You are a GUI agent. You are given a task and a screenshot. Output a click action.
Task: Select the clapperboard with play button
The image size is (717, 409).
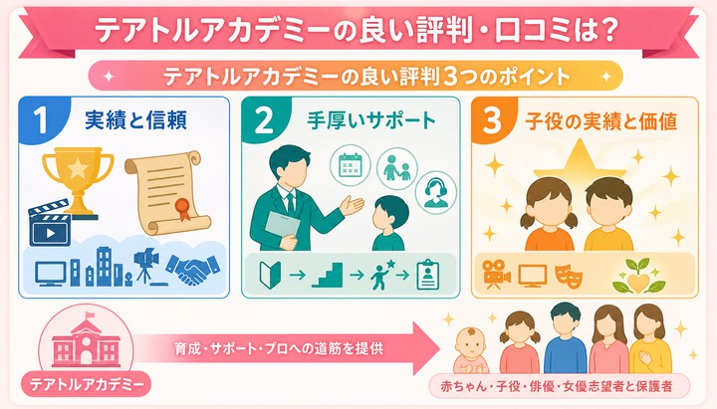[x=50, y=223]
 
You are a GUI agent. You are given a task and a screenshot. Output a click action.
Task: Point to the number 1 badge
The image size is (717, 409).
[x=41, y=120]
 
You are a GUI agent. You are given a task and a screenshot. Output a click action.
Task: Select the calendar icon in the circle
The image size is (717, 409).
[x=351, y=165]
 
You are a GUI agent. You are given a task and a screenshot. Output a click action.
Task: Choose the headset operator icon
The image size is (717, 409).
[x=436, y=192]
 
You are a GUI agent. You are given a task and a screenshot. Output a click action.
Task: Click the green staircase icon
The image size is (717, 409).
[x=327, y=275]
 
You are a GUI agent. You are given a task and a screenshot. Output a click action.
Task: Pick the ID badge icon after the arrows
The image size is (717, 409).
[x=428, y=275]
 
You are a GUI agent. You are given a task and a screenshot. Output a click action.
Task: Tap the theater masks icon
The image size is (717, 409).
[x=569, y=275]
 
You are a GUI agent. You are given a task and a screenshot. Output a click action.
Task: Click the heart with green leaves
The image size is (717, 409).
[x=638, y=277]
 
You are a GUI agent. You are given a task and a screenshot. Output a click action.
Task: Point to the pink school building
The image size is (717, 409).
[x=86, y=339]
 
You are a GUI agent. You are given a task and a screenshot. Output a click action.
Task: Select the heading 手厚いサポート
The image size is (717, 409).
[x=370, y=120]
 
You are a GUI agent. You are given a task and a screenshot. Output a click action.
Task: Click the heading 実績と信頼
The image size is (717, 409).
[x=135, y=120]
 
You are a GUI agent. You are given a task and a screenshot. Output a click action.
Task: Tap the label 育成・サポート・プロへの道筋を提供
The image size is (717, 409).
[x=279, y=348]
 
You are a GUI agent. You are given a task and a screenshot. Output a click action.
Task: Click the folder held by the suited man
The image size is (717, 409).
[x=282, y=228]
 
